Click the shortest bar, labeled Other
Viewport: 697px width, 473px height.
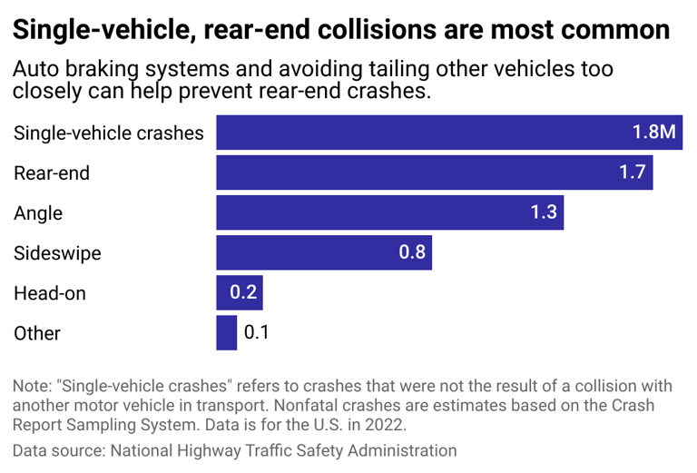point(226,332)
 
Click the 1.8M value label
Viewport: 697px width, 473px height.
point(653,133)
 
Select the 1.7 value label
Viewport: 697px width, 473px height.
point(633,172)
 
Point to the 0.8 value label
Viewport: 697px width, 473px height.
point(412,252)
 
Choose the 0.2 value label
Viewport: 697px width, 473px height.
point(242,292)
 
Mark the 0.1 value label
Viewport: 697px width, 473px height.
point(257,332)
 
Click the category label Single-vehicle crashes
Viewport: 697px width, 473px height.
point(109,133)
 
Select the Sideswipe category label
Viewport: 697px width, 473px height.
point(57,253)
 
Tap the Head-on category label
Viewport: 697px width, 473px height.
point(50,293)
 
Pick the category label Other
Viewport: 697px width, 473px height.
point(37,333)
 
